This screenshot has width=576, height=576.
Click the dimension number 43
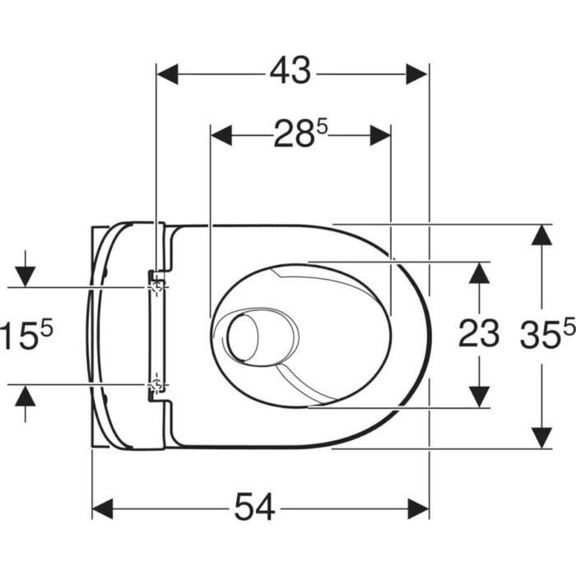(290, 70)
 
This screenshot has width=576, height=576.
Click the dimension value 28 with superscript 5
(300, 133)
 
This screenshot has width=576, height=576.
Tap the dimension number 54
(254, 507)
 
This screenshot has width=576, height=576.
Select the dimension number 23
(479, 333)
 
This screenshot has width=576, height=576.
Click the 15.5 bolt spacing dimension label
(26, 333)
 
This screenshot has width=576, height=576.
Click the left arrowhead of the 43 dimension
(168, 74)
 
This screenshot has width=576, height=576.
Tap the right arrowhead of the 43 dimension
(416, 74)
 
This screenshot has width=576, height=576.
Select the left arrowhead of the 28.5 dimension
(221, 135)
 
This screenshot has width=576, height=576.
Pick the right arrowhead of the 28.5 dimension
(380, 135)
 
